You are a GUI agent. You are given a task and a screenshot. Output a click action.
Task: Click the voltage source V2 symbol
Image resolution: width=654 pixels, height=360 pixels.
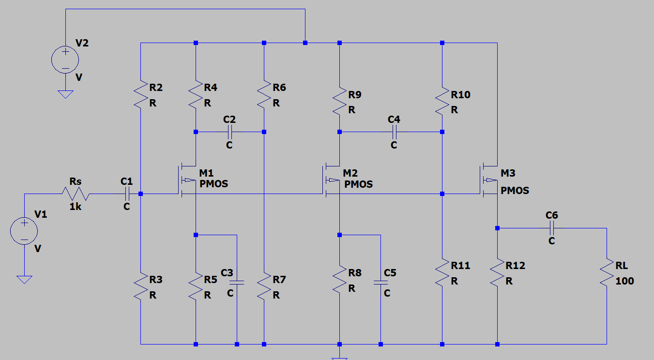coord(65,60)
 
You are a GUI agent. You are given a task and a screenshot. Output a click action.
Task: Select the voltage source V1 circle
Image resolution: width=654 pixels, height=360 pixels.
coord(24,230)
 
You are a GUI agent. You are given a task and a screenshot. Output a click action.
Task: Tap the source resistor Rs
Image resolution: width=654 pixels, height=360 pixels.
coord(75,194)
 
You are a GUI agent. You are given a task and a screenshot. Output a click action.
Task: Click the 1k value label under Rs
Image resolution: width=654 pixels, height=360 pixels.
coord(76,207)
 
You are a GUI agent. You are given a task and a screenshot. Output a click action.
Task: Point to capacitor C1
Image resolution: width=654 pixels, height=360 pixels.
coord(126,194)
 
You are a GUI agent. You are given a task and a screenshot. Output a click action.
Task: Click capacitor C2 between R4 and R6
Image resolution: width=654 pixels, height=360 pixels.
coord(229,132)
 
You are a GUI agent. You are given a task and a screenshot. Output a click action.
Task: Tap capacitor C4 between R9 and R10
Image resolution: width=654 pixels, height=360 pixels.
coord(394,132)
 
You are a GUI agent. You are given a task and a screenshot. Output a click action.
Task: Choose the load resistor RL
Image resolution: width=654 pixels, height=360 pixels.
coord(606,273)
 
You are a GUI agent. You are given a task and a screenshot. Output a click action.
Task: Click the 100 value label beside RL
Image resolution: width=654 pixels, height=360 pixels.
coord(624,281)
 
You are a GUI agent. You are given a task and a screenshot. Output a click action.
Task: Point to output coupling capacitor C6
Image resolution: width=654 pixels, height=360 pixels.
coord(551,228)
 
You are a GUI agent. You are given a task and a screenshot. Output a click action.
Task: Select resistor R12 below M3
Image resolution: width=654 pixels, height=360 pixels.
coord(497,273)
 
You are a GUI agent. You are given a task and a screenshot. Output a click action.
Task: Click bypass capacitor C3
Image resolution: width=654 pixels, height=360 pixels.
coord(237,282)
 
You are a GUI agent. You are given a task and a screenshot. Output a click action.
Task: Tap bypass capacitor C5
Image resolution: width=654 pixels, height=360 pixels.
coord(380,282)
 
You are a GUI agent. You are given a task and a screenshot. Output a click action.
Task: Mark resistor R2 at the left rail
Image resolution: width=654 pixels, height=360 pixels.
coord(140,95)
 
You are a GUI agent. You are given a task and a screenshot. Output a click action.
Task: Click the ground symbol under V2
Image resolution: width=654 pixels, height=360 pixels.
coord(65,94)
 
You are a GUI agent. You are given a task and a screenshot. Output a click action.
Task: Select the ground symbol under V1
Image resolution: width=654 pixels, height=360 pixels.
coord(24,279)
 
